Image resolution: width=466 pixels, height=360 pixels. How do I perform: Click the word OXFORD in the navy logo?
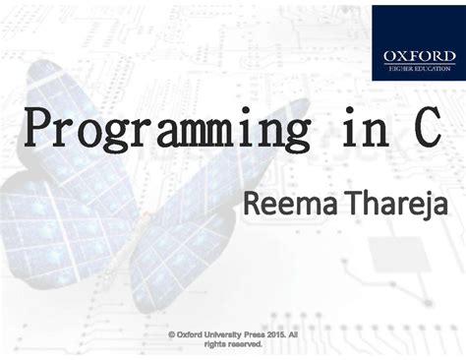click(414, 56)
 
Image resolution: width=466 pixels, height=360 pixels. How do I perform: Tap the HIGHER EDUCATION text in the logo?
click(414, 69)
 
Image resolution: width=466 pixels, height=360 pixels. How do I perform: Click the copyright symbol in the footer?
click(171, 334)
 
